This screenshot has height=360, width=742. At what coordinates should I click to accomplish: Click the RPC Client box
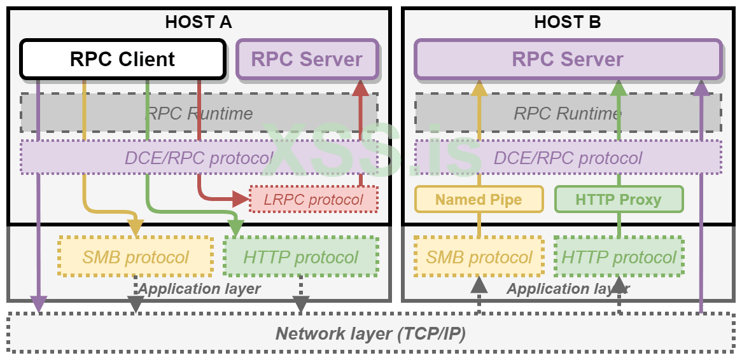[x=122, y=59]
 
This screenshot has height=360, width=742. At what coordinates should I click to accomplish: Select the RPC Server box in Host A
[x=307, y=59]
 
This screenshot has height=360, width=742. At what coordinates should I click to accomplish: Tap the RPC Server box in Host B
[x=568, y=59]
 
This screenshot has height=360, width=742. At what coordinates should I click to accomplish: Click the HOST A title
[x=198, y=22]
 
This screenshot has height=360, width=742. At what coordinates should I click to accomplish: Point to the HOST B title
[x=568, y=22]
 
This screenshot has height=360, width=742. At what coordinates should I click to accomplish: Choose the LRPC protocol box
[x=314, y=200]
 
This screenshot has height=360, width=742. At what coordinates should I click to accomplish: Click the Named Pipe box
[x=479, y=199]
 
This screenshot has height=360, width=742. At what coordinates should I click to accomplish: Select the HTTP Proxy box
[x=619, y=199]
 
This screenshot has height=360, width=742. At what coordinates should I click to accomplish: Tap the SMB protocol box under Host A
[x=136, y=257]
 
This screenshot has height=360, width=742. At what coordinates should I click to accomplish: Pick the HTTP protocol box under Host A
[x=301, y=257]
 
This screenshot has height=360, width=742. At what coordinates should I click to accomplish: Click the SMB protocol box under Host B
[x=479, y=257]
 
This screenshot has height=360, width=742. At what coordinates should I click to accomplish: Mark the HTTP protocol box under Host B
[x=619, y=257]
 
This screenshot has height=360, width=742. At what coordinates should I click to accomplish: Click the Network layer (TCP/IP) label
[x=370, y=333]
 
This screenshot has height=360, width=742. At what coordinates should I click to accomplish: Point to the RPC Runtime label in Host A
[x=199, y=113]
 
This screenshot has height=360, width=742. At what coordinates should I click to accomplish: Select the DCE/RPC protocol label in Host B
[x=568, y=158]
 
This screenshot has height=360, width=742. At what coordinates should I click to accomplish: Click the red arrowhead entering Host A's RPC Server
[x=361, y=88]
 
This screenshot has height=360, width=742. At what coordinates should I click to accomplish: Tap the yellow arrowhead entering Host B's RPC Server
[x=479, y=88]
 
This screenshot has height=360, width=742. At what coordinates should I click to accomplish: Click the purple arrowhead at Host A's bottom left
[x=39, y=305]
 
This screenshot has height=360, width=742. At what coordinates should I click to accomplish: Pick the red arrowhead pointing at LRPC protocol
[x=240, y=199]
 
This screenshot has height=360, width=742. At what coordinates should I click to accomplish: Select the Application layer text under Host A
[x=199, y=289]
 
